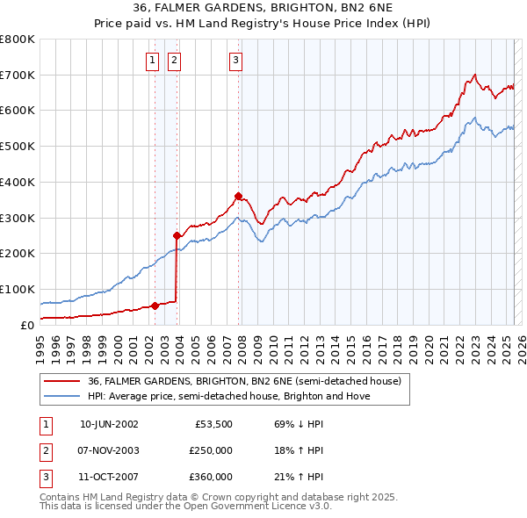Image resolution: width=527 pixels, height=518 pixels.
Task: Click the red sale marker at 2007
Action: pos(238,196)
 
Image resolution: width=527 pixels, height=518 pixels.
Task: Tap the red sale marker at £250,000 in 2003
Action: pos(177,235)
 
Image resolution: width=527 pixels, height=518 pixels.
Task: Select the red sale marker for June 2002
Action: pos(155,306)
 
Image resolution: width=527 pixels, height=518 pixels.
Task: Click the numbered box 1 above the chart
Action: pos(152,60)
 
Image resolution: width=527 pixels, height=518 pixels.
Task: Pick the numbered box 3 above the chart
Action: pos(236,60)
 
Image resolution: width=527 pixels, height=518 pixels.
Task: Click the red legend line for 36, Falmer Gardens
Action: pos(62,382)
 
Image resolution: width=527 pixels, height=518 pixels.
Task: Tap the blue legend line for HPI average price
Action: pos(62,396)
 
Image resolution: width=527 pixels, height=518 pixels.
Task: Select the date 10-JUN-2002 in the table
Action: pos(109,424)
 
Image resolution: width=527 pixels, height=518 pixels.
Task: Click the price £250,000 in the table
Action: pos(212,450)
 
